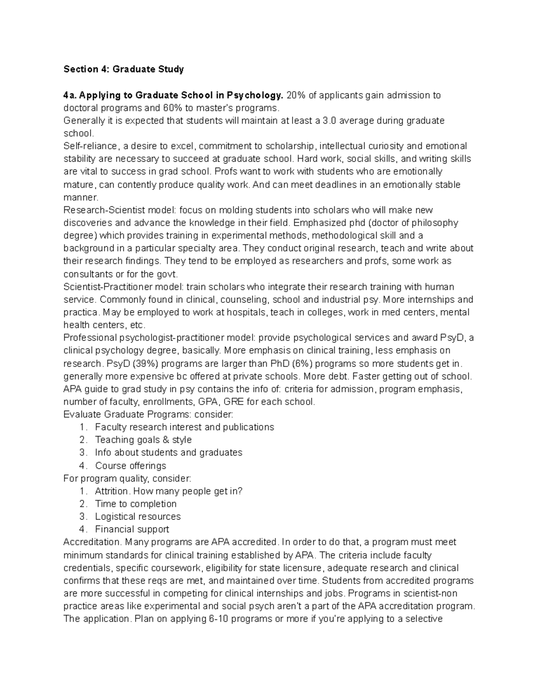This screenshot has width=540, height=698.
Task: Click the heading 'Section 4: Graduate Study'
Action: (x=124, y=69)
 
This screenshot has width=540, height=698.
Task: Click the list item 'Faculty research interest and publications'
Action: (x=184, y=427)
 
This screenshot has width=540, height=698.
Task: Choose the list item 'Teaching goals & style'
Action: (x=143, y=440)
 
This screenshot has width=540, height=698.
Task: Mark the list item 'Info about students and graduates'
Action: (x=169, y=452)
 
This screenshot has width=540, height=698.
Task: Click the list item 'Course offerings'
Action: (x=130, y=466)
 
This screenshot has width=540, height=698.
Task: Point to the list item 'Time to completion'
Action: (x=136, y=504)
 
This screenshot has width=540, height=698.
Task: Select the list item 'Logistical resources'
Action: (x=138, y=516)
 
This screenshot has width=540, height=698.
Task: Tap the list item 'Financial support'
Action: (x=132, y=529)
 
